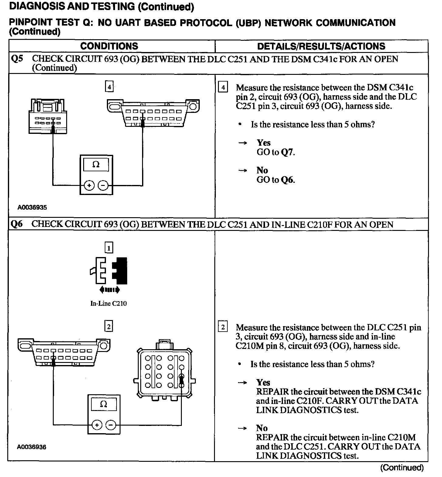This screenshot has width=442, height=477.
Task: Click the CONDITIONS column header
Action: click(109, 46)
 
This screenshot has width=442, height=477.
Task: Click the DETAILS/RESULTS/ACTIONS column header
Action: click(321, 46)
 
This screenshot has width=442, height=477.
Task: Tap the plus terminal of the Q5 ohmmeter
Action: click(89, 185)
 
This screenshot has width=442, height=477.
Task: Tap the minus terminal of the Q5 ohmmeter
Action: click(103, 185)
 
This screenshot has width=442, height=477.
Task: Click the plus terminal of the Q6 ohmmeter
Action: click(97, 425)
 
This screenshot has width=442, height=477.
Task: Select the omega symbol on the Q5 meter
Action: click(96, 165)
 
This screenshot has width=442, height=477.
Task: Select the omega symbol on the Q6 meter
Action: click(104, 404)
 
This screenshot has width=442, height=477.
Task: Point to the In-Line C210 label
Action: click(108, 303)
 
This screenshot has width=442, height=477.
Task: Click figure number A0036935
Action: click(32, 207)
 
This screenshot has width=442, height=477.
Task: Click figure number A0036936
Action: click(32, 447)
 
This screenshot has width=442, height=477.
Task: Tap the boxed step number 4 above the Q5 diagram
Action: click(109, 87)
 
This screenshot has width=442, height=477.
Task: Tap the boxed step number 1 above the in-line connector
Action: click(109, 248)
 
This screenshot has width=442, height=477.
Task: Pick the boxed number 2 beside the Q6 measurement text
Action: click(223, 327)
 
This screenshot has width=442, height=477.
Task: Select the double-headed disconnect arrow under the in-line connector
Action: click(110, 290)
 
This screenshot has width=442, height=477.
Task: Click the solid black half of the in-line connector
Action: click(121, 271)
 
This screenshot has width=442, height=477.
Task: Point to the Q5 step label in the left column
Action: click(17, 59)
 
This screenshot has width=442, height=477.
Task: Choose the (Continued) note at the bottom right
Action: click(402, 467)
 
